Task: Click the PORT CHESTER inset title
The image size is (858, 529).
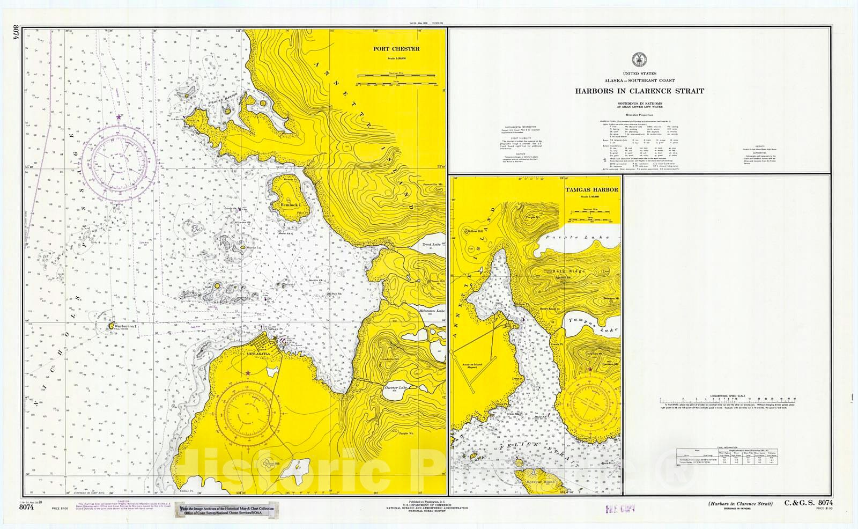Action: [396, 49]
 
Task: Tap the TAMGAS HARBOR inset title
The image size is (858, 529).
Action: [591, 189]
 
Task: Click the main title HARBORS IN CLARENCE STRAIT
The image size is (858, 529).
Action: [639, 91]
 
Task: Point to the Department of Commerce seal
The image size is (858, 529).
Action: [639, 58]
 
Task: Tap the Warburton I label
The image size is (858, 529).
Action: [126, 326]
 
